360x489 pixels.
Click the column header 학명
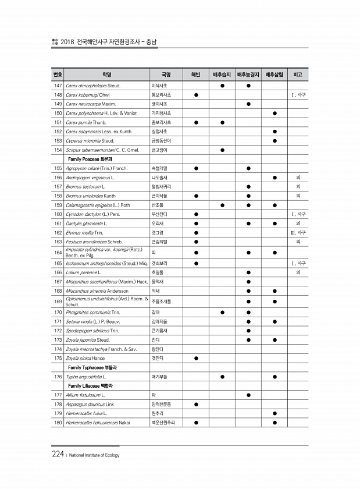[106, 75]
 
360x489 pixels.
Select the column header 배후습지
[222, 75]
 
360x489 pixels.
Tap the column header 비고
[298, 75]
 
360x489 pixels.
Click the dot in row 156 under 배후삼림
[275, 178]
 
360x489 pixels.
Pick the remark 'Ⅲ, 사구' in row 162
[298, 233]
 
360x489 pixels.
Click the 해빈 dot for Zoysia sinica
[197, 358]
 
